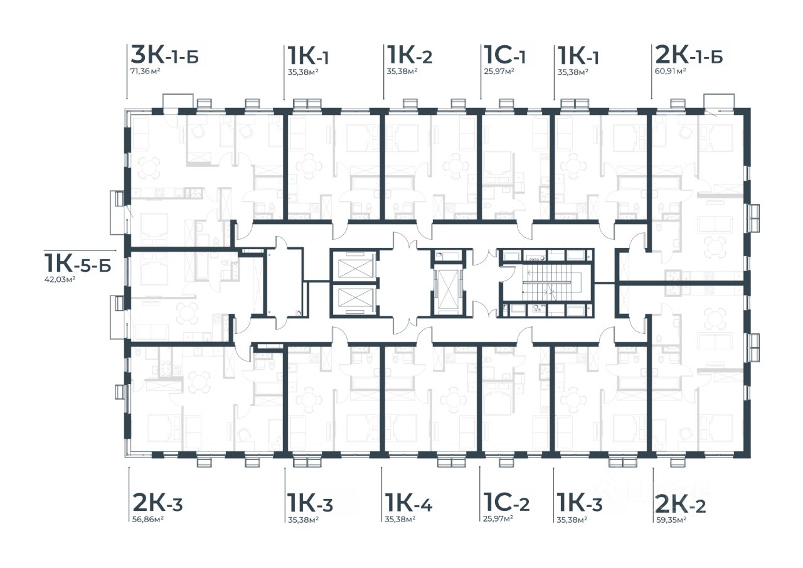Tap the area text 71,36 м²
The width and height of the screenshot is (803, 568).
pos(145,71)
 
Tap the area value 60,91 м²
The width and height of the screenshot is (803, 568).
pos(671,71)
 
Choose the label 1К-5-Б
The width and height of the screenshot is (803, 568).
pos(78,263)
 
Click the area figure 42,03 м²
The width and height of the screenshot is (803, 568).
pos(60,279)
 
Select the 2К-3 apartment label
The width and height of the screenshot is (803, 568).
pos(157,502)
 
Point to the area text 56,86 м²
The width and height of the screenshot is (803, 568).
pos(148,519)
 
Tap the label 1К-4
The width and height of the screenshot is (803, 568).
pos(408,502)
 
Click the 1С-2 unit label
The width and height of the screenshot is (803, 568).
pos(506,502)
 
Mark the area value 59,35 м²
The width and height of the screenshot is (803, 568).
pos(671,520)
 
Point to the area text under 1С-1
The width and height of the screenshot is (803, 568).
pos(499,71)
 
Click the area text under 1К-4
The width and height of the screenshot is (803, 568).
pos(400,519)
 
